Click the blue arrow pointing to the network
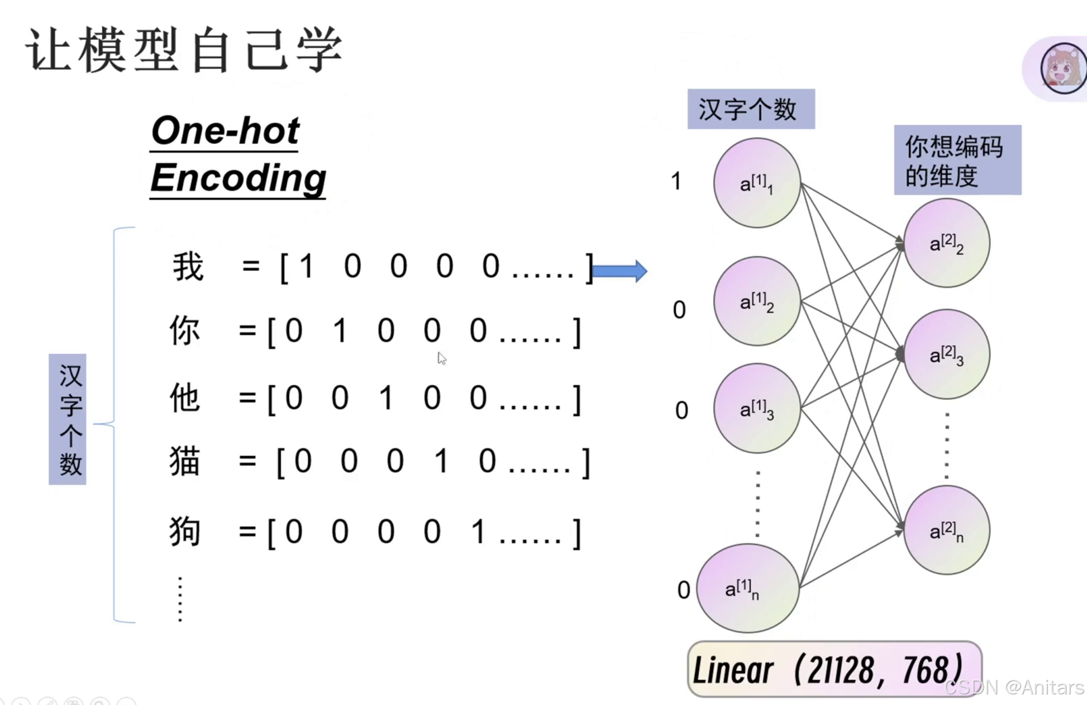coord(619,271)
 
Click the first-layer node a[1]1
coord(757,183)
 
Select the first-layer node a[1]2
coord(757,301)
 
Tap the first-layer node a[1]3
coord(757,408)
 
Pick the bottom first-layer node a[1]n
coord(747,588)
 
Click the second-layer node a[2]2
coord(946,243)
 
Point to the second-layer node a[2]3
coord(946,354)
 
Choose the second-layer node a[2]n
coord(946,530)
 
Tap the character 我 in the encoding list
coord(188,267)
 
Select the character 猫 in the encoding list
coord(185,461)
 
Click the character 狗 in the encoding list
coord(185,531)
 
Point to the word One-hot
coord(225,131)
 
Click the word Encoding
coord(238,178)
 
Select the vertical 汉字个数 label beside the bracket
coord(68,419)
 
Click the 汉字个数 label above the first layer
coord(750,109)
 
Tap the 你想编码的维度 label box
coord(957,160)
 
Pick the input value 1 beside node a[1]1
coord(676,181)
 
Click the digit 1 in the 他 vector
coord(385,399)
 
